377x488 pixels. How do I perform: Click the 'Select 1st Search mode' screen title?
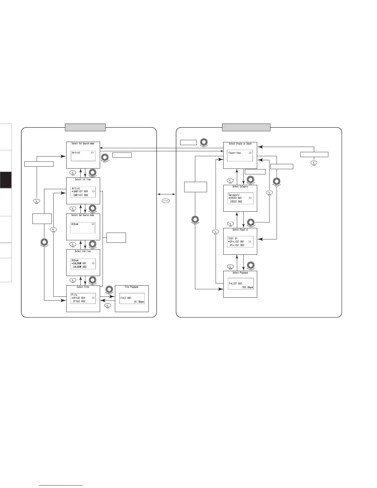tap(83, 144)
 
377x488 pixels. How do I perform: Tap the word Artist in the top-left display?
tap(76, 152)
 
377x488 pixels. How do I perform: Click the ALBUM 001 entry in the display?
tap(80, 263)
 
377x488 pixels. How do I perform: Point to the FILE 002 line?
tap(79, 301)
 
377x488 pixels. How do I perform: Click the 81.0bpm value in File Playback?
tap(139, 302)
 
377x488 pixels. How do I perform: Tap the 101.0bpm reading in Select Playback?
tap(248, 287)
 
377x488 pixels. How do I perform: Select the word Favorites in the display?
tap(235, 153)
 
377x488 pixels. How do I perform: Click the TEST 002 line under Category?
tap(237, 201)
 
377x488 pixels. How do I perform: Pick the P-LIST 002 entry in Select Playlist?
tap(237, 245)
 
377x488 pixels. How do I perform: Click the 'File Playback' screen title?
tap(132, 287)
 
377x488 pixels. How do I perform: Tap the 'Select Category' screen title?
tap(240, 187)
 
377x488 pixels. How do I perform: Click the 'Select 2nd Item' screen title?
tap(83, 251)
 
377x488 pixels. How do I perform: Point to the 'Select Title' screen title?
tap(83, 287)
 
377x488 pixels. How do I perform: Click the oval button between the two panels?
tap(166, 201)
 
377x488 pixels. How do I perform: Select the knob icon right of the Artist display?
tap(105, 157)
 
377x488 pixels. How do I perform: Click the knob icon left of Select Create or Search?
tap(204, 142)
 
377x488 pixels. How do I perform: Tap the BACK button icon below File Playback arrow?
tap(108, 305)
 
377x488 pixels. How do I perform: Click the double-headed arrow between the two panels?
tap(166, 194)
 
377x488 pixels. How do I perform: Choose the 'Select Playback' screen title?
tap(240, 273)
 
